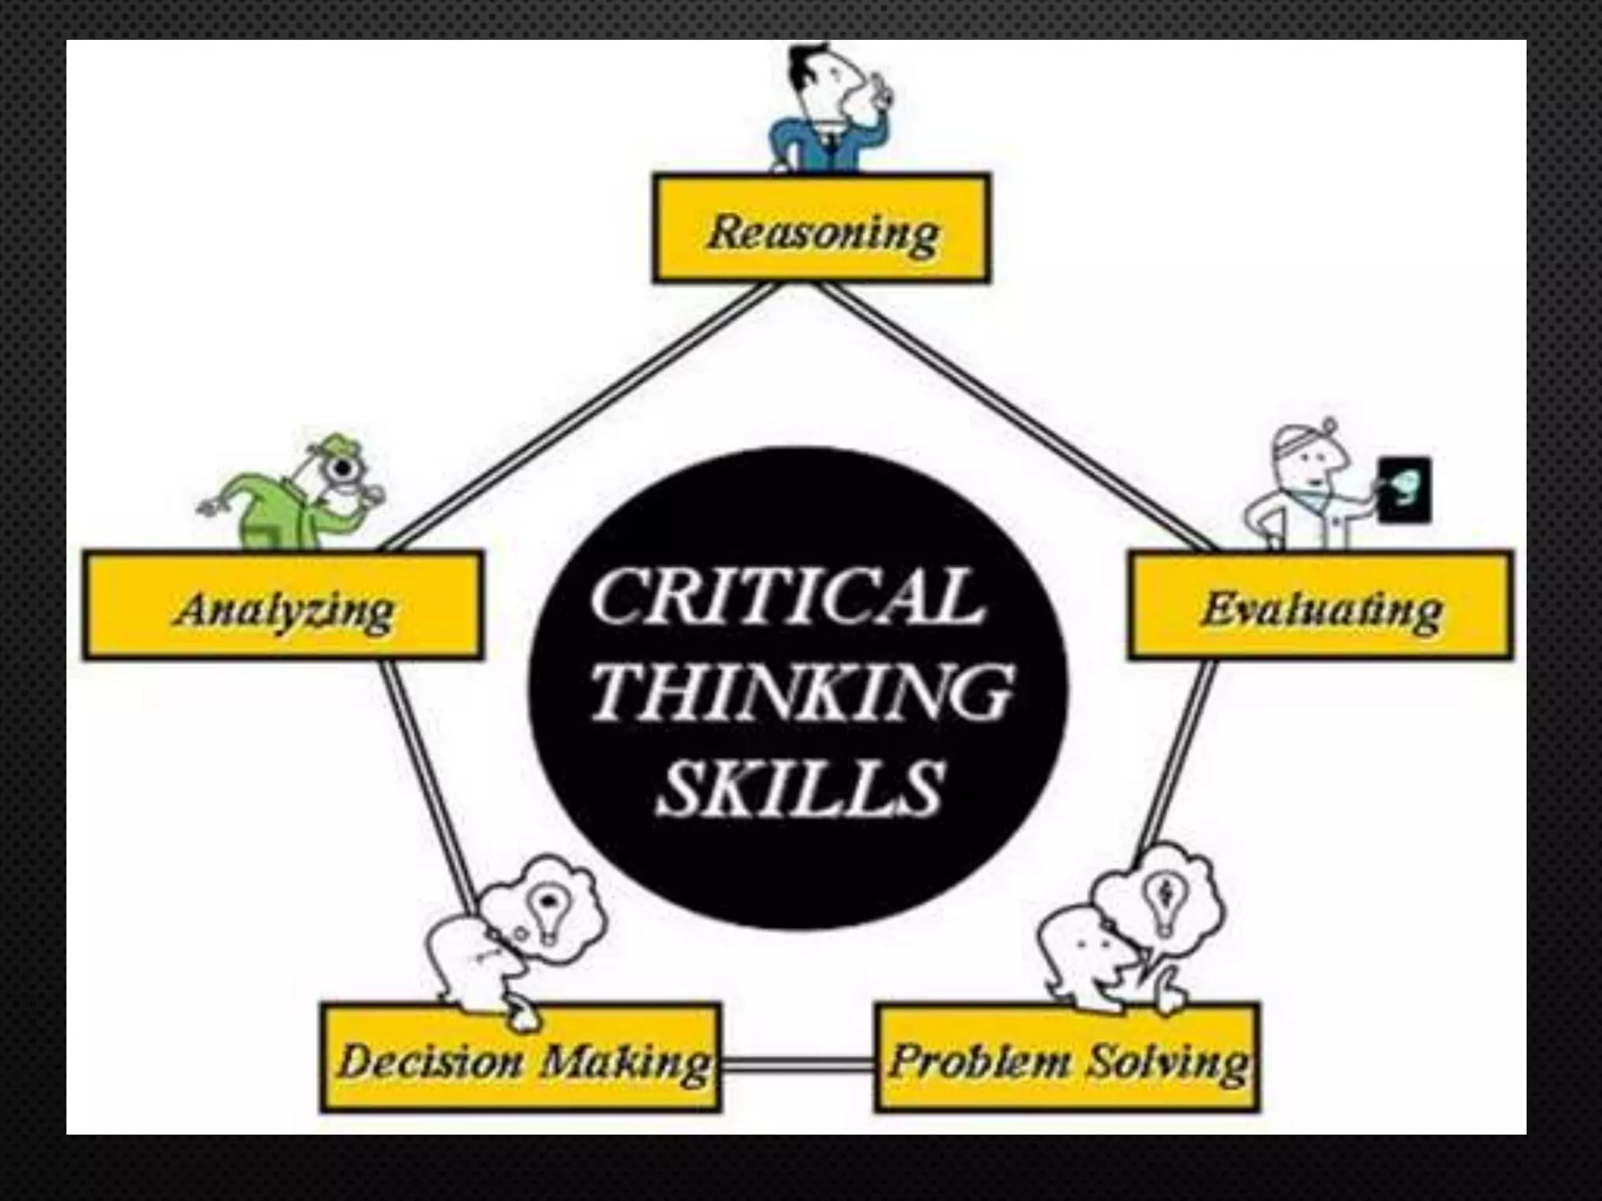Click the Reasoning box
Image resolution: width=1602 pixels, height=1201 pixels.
pyautogui.click(x=821, y=228)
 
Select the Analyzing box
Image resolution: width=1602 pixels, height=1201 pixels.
pyautogui.click(x=283, y=606)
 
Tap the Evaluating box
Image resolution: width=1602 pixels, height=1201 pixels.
pyautogui.click(x=1320, y=606)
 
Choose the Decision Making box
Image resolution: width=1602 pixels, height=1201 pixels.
pyautogui.click(x=520, y=1057)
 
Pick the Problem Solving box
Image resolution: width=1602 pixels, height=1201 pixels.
pyautogui.click(x=1067, y=1057)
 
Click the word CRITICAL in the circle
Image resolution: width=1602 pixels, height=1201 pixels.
pyautogui.click(x=786, y=598)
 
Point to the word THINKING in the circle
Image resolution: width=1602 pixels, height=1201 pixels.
pyautogui.click(x=802, y=692)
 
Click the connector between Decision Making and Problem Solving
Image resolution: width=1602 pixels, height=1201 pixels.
pyautogui.click(x=798, y=1064)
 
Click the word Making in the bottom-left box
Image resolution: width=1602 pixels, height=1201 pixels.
pyautogui.click(x=626, y=1062)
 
